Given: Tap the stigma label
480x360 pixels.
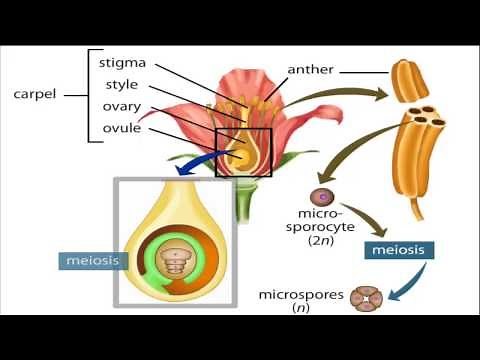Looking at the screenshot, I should click(x=123, y=62).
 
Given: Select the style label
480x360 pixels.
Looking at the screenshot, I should click(x=121, y=84).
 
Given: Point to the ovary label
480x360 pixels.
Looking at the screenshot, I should click(x=121, y=107).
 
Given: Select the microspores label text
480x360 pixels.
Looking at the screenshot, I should click(x=299, y=295).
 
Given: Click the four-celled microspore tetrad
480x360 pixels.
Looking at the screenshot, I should click(x=365, y=299).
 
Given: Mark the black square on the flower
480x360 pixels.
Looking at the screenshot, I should click(x=244, y=153).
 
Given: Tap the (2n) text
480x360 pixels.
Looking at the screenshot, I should click(x=320, y=240).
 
